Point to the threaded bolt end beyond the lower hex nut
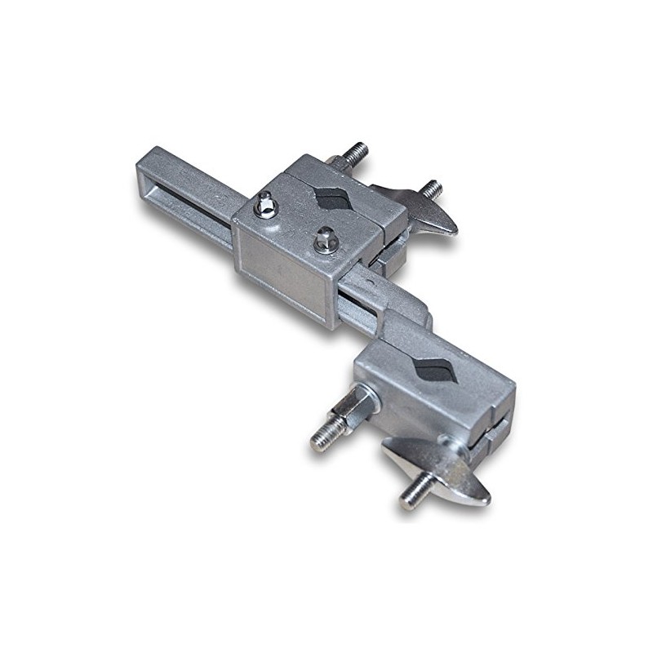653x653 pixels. pos(320,439)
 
